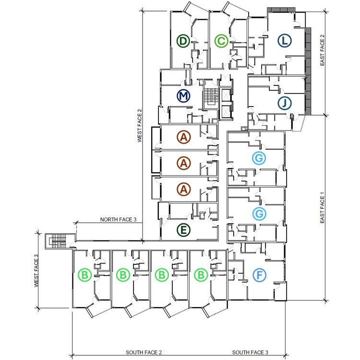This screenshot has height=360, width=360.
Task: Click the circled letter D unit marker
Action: [182, 41]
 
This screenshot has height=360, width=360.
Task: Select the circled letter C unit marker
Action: [221, 41]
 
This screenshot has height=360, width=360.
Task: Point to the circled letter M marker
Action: [183, 96]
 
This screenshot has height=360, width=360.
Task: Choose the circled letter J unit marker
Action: [285, 103]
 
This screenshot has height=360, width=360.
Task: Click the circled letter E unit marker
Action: [183, 230]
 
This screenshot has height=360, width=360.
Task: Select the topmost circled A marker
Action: [183, 137]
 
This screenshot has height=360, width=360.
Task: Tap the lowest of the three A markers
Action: [183, 189]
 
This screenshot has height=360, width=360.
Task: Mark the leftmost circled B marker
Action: [85, 275]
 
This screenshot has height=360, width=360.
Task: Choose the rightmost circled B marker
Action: [201, 275]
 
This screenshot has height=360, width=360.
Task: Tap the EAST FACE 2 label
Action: [323, 50]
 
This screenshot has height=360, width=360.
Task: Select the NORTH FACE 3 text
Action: [119, 219]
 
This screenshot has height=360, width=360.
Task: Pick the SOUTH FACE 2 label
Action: [144, 353]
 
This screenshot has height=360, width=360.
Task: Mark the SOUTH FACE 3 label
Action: [250, 353]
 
